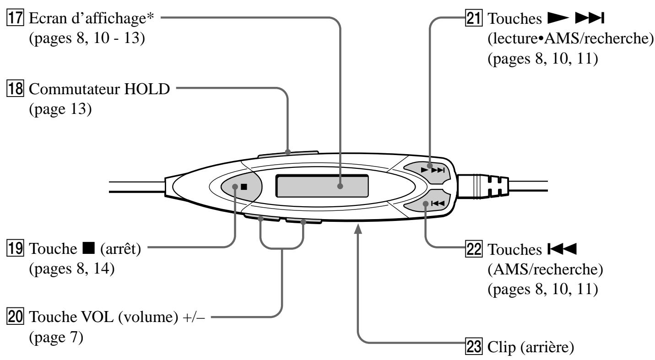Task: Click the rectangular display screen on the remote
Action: click(x=322, y=186)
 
